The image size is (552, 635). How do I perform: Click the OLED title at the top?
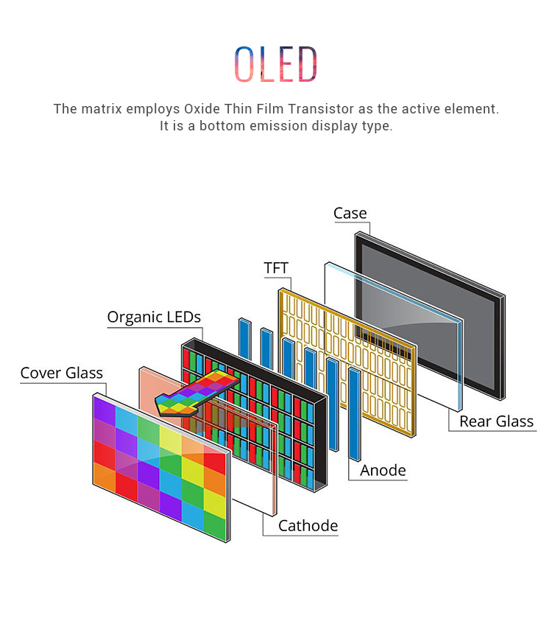click(275, 64)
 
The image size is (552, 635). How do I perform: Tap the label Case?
click(350, 213)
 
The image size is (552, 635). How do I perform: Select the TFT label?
click(276, 267)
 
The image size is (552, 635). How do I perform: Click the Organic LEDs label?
click(154, 317)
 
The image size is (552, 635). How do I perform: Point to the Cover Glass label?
click(62, 373)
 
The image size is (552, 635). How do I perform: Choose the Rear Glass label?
click(496, 421)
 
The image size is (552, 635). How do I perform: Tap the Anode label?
click(383, 470)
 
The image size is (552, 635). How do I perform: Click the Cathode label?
click(308, 526)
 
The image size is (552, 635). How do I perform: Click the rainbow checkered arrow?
click(197, 392)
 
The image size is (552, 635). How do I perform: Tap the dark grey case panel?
click(430, 316)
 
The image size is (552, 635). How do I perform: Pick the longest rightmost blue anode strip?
click(355, 414)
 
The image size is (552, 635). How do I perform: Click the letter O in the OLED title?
click(244, 64)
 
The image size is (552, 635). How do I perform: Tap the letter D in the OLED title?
click(308, 64)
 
